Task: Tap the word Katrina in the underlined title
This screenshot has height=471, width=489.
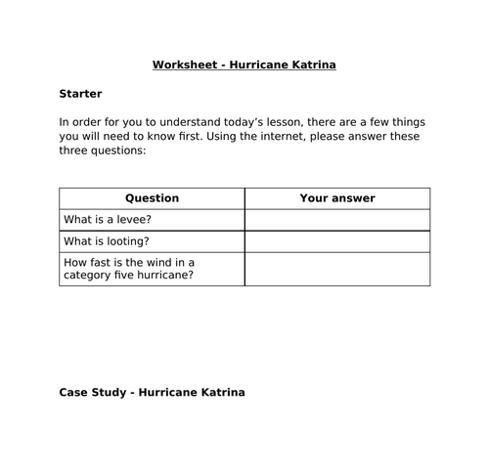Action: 311,65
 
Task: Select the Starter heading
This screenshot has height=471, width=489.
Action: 80,95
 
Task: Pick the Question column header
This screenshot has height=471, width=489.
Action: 152,198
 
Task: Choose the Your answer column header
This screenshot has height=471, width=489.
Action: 336,198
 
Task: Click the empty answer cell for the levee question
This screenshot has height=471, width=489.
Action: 336,220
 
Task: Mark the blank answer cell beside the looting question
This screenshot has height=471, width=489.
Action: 336,241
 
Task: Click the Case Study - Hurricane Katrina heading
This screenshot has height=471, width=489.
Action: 152,393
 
